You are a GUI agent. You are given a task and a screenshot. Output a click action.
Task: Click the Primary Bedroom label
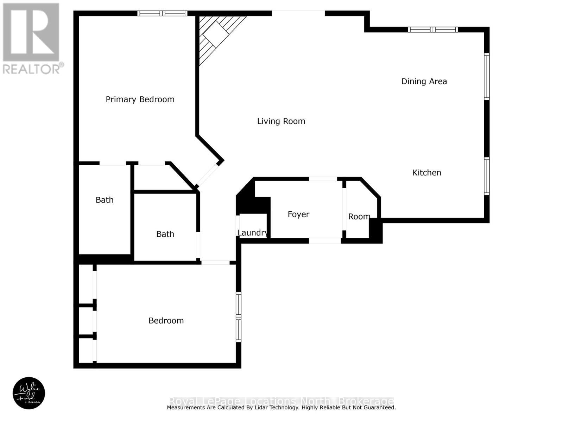click(140, 100)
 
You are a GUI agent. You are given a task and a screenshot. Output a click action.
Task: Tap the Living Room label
click(281, 121)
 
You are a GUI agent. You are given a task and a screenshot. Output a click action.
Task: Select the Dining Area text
click(424, 82)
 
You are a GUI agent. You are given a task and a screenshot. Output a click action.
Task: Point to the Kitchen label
click(426, 173)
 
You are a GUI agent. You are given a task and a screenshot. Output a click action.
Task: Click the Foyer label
click(298, 215)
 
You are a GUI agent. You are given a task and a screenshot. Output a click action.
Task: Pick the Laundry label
click(252, 233)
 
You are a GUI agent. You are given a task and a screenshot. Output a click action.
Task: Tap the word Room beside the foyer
click(359, 217)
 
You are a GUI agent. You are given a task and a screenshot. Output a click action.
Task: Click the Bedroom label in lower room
click(166, 321)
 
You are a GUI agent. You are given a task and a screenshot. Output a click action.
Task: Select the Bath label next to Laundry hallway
click(165, 234)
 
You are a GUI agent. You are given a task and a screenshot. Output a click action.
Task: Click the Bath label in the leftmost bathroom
click(105, 200)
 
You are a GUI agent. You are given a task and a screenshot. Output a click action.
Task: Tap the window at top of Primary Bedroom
click(162, 13)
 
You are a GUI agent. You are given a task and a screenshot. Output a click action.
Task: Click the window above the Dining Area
click(432, 30)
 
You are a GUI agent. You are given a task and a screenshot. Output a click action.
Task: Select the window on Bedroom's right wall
click(239, 317)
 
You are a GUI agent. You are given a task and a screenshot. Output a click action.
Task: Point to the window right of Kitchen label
click(487, 176)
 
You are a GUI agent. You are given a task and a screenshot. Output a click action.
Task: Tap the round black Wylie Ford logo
click(29, 393)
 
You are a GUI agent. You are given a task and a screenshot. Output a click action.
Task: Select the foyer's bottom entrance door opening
click(325, 241)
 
